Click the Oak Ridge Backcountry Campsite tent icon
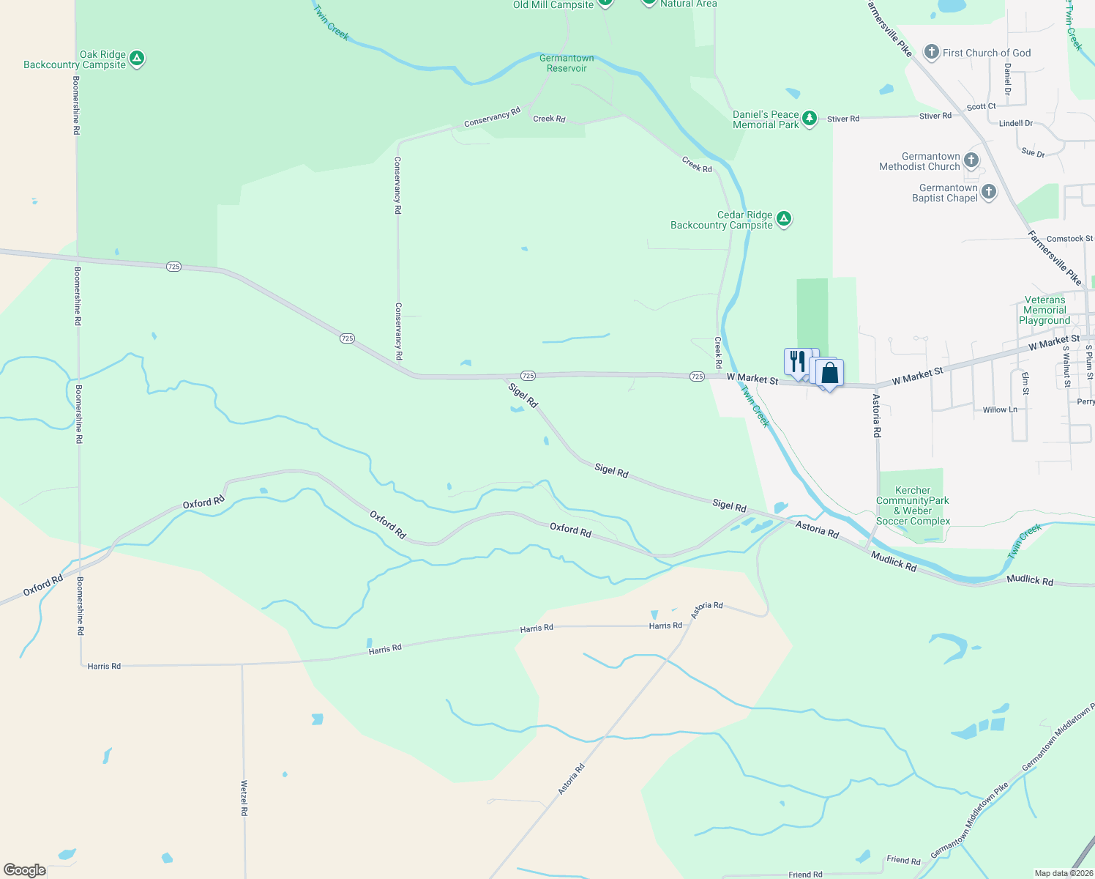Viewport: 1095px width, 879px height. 136,59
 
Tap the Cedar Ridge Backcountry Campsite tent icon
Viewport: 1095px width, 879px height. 783,219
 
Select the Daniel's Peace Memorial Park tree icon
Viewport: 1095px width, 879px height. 809,119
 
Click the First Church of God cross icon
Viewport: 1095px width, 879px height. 931,52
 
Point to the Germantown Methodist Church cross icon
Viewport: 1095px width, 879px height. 971,160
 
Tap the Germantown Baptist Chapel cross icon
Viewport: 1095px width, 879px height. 988,192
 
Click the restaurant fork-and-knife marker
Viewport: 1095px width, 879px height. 797,362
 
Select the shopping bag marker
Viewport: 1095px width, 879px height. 829,374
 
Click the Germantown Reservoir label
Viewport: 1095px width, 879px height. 567,63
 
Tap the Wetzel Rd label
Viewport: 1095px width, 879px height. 244,798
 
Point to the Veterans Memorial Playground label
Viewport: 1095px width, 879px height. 1044,310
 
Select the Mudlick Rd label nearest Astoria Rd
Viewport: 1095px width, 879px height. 894,562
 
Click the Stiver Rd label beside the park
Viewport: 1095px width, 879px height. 843,119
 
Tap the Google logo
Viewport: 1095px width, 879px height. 24,870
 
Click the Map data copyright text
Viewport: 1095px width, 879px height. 1064,873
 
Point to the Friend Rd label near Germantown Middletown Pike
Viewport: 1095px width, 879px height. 903,860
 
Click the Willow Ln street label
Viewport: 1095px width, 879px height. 999,409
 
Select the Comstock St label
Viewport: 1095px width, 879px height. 1069,239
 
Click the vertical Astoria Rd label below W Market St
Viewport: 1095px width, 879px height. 876,415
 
